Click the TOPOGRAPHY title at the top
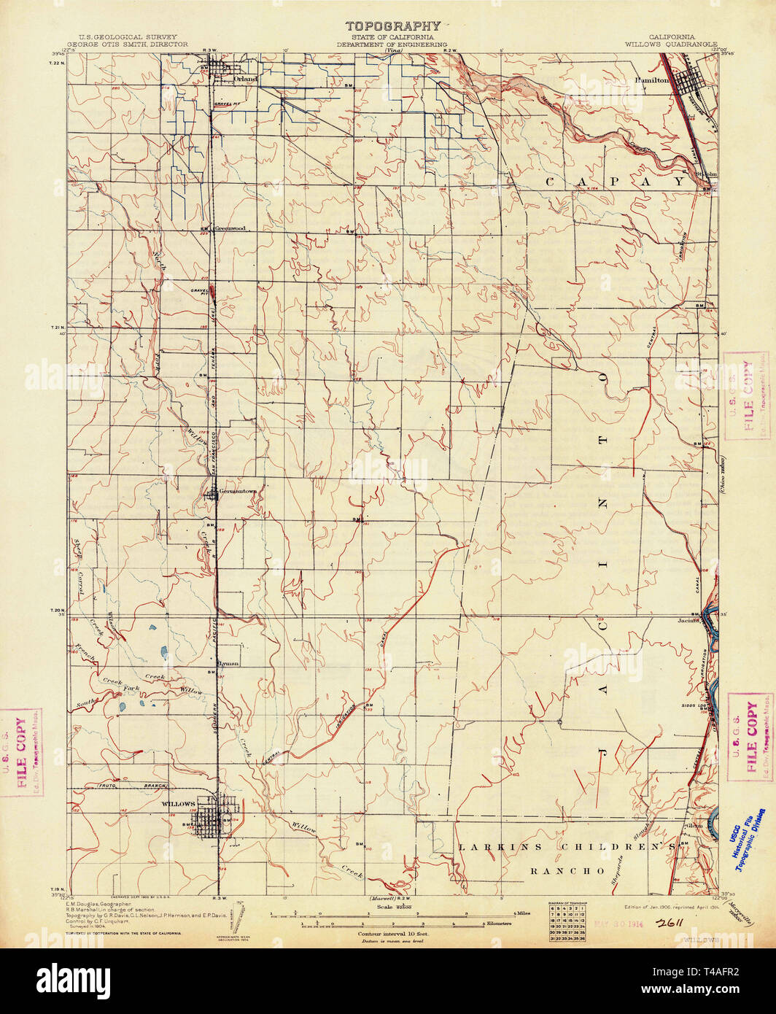click(392, 27)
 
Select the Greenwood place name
click(229, 228)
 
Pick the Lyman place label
click(228, 663)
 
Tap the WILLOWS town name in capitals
click(178, 804)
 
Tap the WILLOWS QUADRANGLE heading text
click(671, 44)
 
